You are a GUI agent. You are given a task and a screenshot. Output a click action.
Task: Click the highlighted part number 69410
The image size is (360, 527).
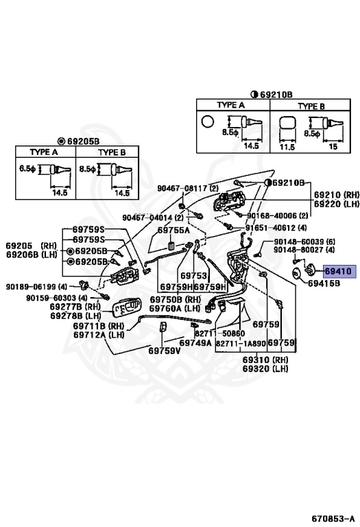tap(338, 271)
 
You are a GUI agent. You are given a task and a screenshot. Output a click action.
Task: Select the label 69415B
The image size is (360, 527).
tap(324, 283)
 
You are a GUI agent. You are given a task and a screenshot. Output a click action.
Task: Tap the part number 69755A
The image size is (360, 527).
tap(173, 230)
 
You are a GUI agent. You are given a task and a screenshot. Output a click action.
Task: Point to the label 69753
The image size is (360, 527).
tap(194, 276)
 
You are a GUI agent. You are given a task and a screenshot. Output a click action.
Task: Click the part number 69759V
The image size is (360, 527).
tap(165, 351)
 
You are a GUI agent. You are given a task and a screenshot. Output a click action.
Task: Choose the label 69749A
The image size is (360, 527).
tap(195, 342)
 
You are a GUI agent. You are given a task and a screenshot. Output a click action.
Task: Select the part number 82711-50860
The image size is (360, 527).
tap(219, 333)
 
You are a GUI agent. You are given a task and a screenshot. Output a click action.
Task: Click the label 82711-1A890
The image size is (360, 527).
tap(241, 344)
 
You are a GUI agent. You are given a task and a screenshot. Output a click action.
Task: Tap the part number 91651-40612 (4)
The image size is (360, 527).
tap(276, 228)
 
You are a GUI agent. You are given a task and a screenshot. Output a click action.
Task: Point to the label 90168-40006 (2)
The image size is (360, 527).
tap(278, 215)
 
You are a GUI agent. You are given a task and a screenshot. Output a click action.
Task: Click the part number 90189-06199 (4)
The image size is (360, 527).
tap(36, 287)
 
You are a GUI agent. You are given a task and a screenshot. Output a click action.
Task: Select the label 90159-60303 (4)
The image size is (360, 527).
tap(57, 298)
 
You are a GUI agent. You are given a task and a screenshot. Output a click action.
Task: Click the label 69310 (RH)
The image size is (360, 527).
tap(265, 360)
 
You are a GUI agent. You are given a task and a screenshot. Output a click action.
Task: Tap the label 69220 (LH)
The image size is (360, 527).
tap(337, 204)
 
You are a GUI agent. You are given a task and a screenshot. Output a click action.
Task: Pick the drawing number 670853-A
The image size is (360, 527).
tap(333, 518)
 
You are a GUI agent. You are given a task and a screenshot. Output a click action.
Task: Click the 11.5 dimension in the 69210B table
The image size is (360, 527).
tap(287, 147)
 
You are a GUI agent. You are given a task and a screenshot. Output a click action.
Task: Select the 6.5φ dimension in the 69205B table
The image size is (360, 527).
tap(27, 168)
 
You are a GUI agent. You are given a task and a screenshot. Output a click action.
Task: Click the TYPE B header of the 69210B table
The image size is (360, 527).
tap(311, 106)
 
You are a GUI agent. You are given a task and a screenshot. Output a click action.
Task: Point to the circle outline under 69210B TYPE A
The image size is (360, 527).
tap(208, 121)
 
